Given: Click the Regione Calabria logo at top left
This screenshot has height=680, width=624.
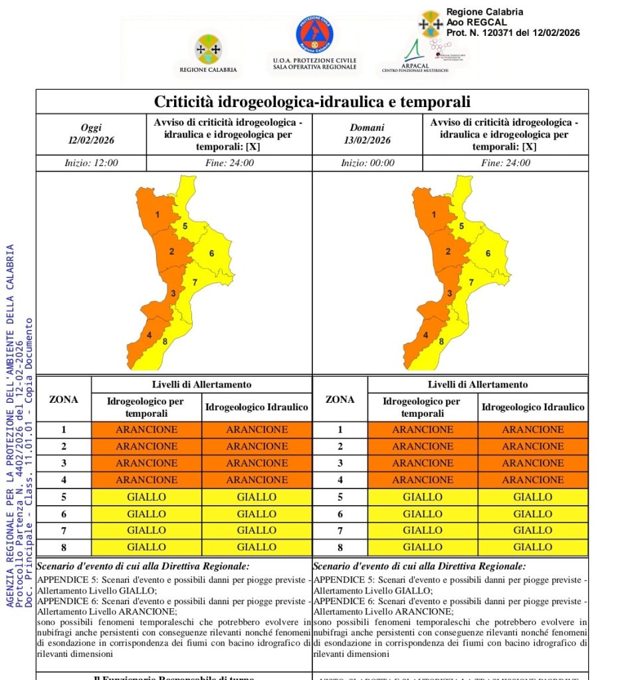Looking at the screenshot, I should pos(208,49).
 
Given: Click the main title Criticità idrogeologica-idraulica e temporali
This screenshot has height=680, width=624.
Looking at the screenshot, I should pos(312,102).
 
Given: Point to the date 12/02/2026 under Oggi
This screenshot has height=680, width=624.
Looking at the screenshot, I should pos(91,140).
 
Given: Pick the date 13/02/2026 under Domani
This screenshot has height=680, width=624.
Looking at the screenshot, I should pos(367,140).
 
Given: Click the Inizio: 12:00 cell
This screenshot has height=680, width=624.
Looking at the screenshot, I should pos(91,163).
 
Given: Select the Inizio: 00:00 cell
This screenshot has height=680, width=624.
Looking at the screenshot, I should pos(367,163).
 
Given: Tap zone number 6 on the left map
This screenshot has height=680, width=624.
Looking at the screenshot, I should pos(211,253).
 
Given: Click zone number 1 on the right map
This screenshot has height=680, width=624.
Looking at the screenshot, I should pos(434,215).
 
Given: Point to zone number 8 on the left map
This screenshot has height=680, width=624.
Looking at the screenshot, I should pos(164,342).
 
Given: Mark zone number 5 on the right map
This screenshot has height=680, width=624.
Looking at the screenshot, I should pos(461,227).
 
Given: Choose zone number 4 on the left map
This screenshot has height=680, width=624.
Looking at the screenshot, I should pos(149,335).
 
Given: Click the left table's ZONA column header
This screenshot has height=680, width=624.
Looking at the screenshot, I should pos(64,399).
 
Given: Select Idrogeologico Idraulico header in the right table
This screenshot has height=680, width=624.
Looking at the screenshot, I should pos(533,407).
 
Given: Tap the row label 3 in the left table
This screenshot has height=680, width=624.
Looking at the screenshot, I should pos(64,463).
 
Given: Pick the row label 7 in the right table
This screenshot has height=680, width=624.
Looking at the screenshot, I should pos(340,530).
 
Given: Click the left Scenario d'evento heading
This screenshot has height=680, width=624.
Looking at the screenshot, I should pos(144,566).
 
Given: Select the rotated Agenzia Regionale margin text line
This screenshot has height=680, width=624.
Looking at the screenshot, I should pos(10,425).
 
